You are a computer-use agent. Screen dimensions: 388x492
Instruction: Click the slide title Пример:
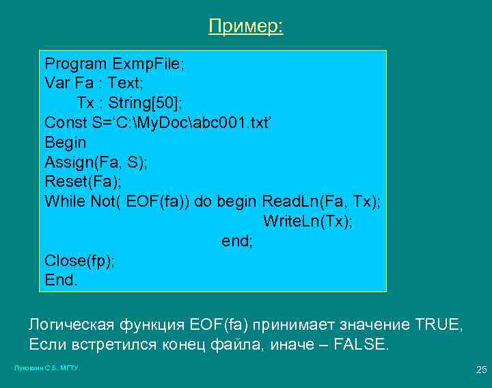point(246,27)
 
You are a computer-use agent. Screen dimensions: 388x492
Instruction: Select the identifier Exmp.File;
point(148,64)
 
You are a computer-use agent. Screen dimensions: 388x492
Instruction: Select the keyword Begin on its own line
point(66,143)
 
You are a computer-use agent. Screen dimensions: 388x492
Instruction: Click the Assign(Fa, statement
point(84,163)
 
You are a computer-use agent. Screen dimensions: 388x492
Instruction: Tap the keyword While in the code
point(64,202)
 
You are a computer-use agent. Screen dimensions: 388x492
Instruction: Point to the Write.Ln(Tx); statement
point(307,222)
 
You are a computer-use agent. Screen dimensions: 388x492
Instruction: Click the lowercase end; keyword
point(237,241)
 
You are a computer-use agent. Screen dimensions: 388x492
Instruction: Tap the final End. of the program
point(61,280)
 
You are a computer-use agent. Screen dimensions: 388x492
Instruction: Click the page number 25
point(480,370)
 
